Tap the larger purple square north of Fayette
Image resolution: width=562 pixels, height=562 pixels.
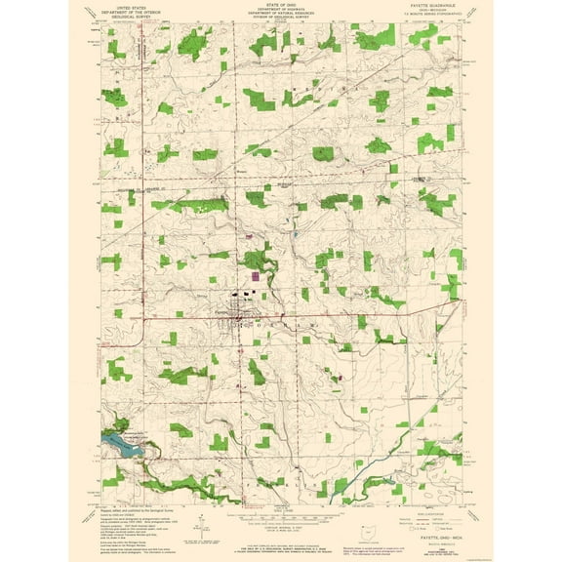pyautogui.click(x=258, y=276)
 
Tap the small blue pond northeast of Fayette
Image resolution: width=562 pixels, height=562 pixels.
pyautogui.click(x=295, y=235)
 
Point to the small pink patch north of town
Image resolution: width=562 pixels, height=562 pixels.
pyautogui.click(x=249, y=235)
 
